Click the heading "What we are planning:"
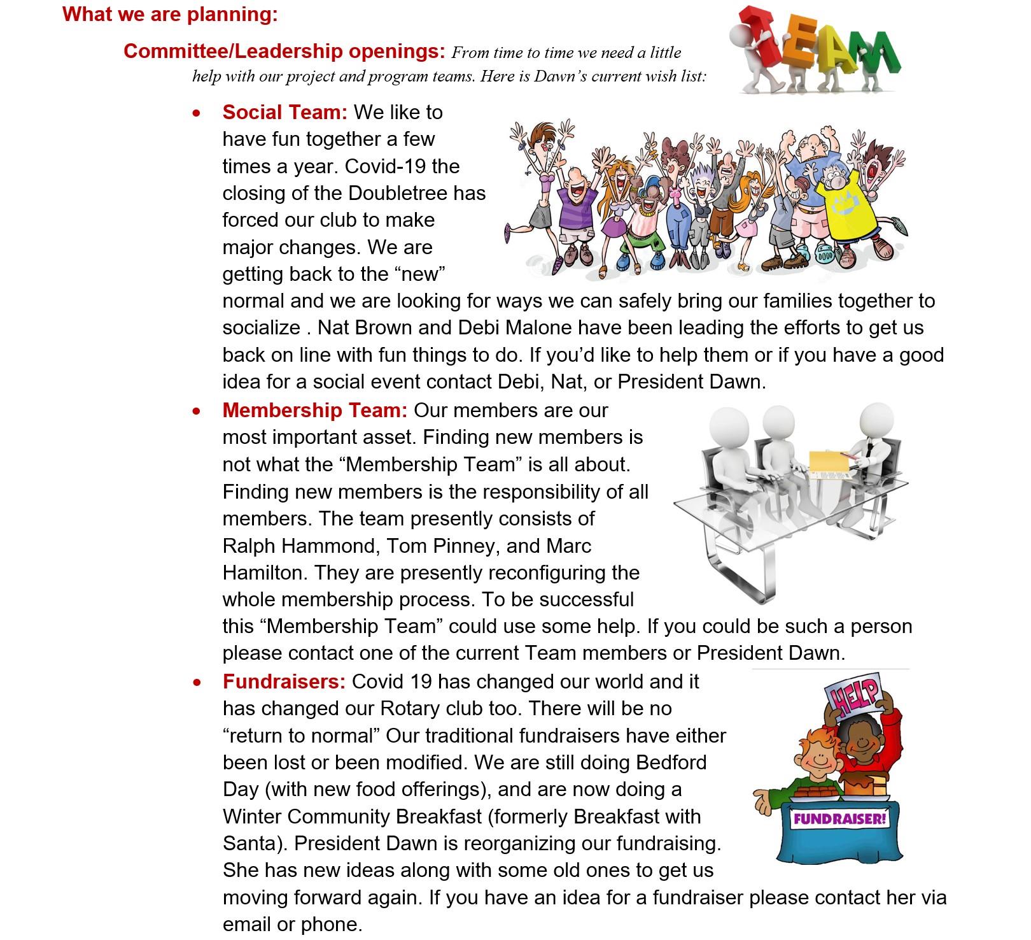(170, 15)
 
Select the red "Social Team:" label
(284, 112)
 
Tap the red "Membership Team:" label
(314, 410)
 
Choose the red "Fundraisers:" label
(284, 681)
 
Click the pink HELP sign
(852, 694)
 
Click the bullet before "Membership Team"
(197, 411)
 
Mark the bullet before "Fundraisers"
(197, 683)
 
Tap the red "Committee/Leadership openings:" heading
(284, 51)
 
